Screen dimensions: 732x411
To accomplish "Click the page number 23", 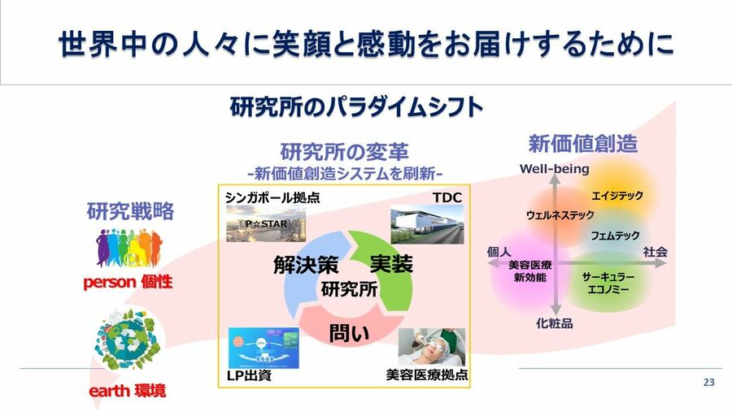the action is (708, 382).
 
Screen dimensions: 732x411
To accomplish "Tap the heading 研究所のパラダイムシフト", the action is (356, 106).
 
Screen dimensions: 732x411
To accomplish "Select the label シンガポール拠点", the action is (272, 197).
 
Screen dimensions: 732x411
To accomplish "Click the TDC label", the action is (447, 197).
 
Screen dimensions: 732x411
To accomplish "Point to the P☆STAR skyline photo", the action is (266, 225).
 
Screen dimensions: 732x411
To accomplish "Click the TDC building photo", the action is (427, 225).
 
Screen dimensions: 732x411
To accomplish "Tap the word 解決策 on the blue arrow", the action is (306, 265).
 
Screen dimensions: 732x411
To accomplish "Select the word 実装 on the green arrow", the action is (391, 264).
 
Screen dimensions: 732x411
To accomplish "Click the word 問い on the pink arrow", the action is (349, 333).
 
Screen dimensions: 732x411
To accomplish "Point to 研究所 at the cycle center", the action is (349, 289).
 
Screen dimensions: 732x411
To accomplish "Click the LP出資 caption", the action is (250, 375).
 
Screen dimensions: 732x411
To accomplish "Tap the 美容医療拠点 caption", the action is (427, 374).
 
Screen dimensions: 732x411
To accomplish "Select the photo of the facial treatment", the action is (432, 347).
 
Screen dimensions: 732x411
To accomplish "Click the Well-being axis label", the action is (555, 169).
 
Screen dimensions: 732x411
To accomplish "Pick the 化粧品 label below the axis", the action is (555, 323).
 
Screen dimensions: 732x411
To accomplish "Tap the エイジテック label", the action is (617, 196).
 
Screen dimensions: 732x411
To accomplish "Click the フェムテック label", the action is (615, 236).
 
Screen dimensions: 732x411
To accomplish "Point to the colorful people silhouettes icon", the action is (129, 248).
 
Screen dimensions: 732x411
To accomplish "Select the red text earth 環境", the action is (128, 391).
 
